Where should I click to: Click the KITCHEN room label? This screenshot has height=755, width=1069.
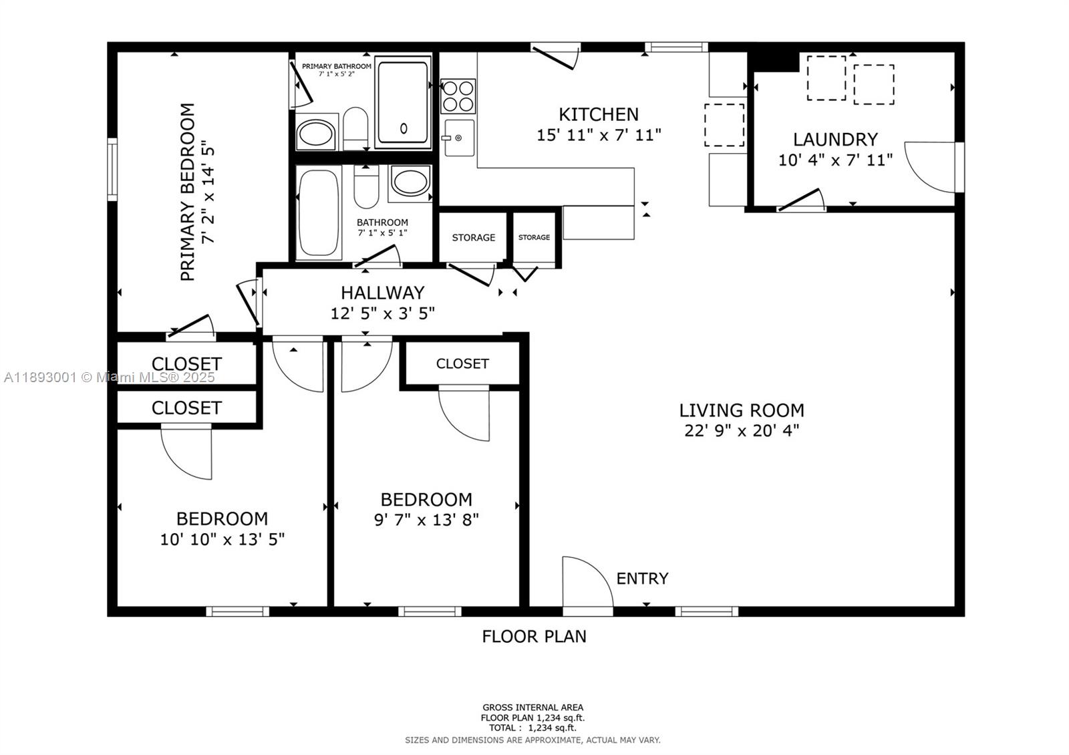599,114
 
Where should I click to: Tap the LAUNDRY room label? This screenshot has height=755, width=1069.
835,140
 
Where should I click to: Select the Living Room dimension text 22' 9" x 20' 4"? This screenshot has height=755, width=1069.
742,430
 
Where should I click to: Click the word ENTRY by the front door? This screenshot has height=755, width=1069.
642,579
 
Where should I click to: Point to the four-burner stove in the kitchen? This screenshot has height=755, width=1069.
458,96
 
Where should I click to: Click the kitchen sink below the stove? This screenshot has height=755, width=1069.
459,138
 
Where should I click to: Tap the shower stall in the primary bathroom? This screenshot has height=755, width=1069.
402,102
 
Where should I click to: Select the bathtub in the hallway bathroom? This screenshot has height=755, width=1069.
319,212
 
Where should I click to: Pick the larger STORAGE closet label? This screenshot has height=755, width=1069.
474,238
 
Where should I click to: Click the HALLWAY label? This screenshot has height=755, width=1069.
382,293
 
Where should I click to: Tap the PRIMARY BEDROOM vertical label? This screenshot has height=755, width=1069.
188,192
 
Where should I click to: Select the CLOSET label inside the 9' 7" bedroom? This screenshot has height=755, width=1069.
462,364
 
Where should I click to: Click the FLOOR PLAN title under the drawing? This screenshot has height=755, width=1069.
534,636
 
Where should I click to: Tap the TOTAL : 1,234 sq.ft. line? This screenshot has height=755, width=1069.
532,728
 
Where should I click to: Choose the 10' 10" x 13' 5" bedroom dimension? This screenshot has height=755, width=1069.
222,539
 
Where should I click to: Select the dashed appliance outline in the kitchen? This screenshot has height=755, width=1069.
724,125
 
